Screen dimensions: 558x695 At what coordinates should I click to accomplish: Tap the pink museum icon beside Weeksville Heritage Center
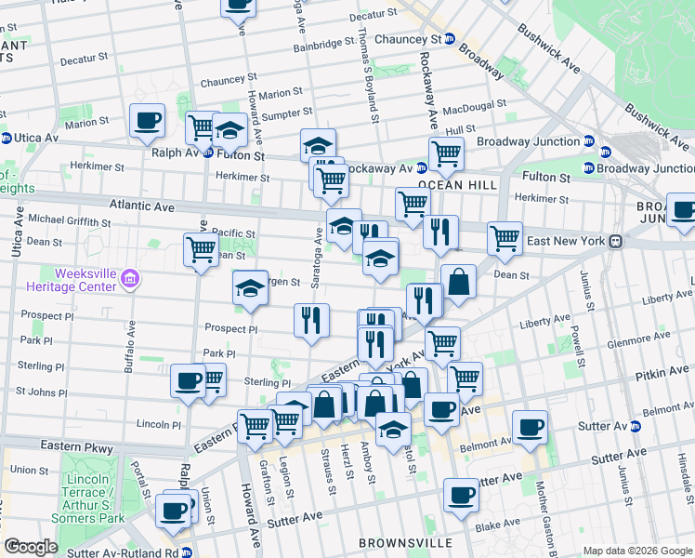tap(130, 277)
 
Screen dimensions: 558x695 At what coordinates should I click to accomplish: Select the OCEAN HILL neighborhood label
tap(452, 186)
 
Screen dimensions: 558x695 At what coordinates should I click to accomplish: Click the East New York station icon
tap(615, 241)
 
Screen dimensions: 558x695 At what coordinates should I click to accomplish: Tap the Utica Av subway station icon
tap(7, 138)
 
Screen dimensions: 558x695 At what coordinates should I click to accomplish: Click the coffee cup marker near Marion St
tap(147, 120)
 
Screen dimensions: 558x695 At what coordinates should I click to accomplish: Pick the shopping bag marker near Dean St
tap(458, 282)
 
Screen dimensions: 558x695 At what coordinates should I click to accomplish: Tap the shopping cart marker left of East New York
tap(505, 238)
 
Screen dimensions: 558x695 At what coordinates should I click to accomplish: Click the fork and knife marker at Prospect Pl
tap(311, 320)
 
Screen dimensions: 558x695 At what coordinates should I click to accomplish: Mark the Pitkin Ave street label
tap(663, 372)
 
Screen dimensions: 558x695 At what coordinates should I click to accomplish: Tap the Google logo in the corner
tap(31, 547)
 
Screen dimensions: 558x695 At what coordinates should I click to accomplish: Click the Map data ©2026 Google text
tap(636, 551)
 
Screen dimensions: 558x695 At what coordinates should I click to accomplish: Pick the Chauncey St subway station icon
tap(449, 39)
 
